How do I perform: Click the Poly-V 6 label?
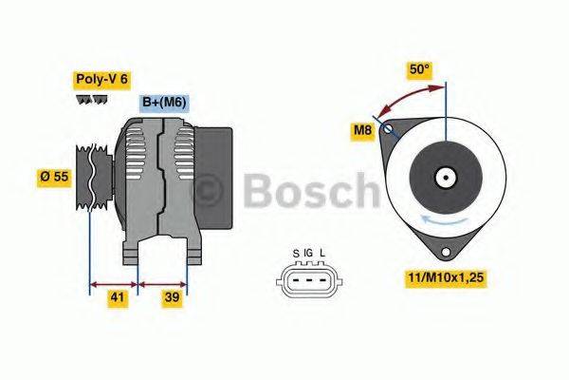pyautogui.click(x=101, y=81)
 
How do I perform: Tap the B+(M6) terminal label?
pyautogui.click(x=164, y=102)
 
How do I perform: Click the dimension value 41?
pyautogui.click(x=116, y=297)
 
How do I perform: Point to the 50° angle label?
pyautogui.click(x=419, y=68)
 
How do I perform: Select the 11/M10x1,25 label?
pyautogui.click(x=446, y=278)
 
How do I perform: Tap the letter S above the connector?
pyautogui.click(x=296, y=253)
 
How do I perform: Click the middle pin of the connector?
pyautogui.click(x=308, y=279)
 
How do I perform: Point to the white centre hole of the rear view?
pyautogui.click(x=444, y=177)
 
